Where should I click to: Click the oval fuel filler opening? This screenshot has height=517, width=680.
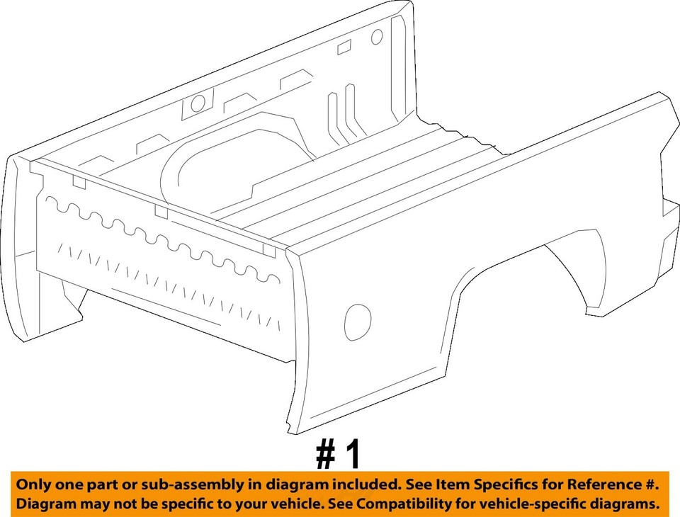pos(357,321)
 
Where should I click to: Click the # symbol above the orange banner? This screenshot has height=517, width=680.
pos(325,455)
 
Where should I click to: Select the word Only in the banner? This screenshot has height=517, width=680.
pos(34,486)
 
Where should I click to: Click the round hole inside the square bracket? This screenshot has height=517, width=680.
pos(198,103)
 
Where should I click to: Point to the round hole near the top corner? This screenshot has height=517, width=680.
pos(377,36)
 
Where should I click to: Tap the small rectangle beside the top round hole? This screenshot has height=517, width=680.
pos(344,47)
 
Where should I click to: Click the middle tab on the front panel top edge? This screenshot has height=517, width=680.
pos(161,212)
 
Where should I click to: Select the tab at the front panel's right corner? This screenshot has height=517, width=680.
pos(268,249)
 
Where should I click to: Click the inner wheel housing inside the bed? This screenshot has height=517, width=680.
pos(212,166)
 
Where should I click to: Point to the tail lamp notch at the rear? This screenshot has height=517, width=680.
pos(669,205)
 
